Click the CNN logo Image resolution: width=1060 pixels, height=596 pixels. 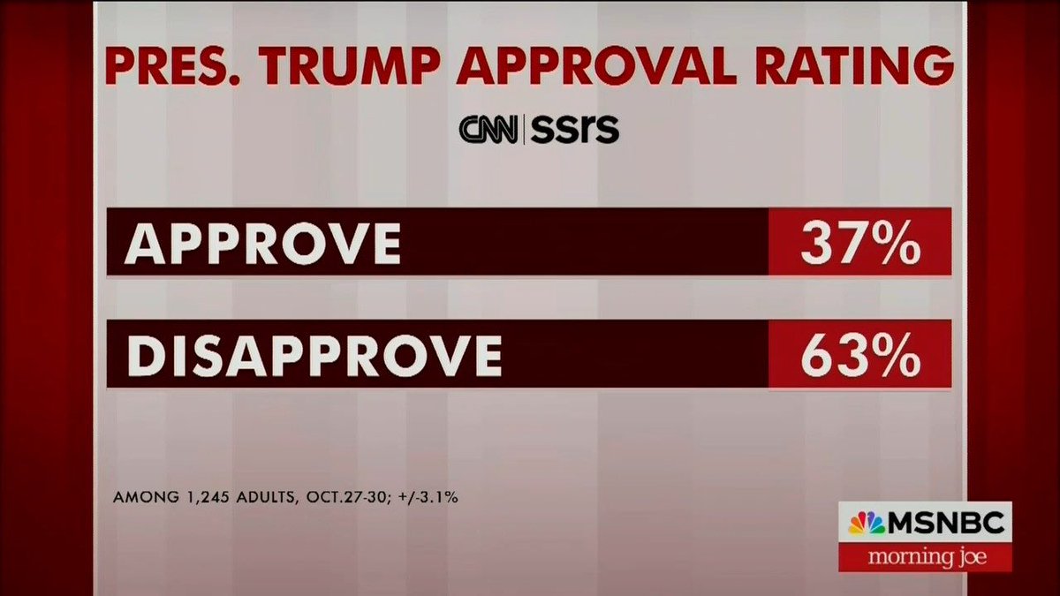(x=490, y=130)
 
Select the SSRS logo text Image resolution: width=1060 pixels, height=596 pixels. (x=575, y=130)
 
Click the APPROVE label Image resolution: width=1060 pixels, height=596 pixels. (x=262, y=242)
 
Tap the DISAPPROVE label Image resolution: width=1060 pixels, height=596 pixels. (x=313, y=355)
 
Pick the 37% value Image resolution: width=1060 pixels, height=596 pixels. (x=859, y=242)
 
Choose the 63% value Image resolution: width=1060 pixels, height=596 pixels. (x=859, y=355)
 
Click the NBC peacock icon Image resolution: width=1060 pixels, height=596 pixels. (x=866, y=524)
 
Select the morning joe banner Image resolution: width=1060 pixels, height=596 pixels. (x=925, y=557)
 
